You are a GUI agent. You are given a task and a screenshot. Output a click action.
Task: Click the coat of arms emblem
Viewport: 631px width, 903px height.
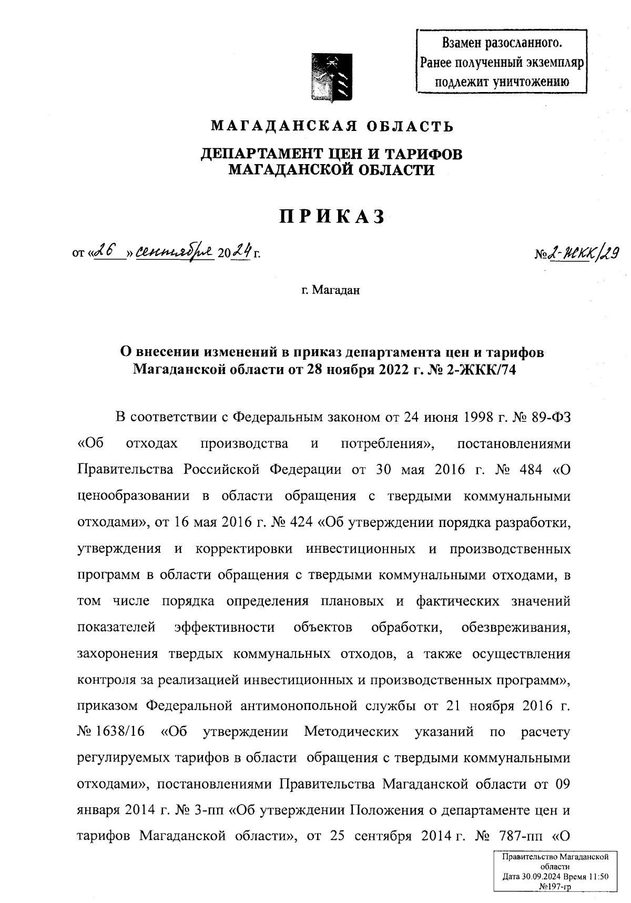(x=331, y=77)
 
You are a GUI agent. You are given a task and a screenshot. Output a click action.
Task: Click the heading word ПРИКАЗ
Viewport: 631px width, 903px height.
(x=332, y=217)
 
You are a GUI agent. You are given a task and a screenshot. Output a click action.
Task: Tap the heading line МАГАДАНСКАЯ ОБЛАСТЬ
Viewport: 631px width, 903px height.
(x=332, y=126)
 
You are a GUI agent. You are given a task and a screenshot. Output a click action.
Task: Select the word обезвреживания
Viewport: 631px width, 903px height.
(x=515, y=627)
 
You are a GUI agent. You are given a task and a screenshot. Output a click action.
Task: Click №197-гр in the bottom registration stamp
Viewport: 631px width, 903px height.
(x=555, y=886)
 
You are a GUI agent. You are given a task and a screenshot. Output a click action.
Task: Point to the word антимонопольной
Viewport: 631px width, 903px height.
(x=299, y=706)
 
